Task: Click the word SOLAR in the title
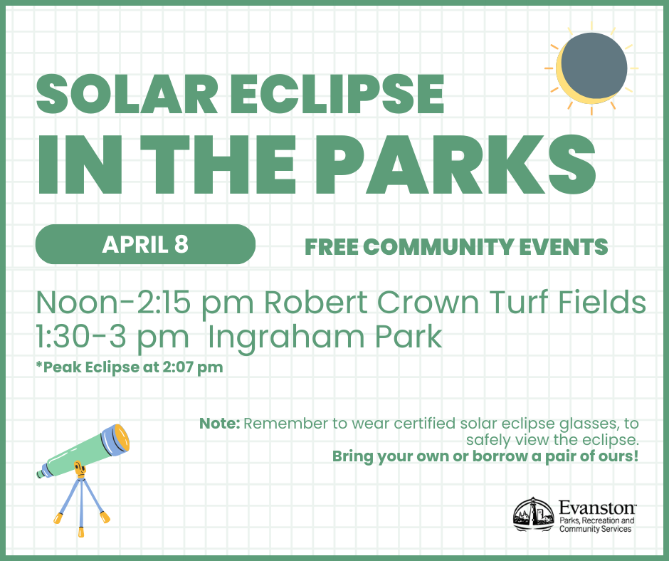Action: coord(127,95)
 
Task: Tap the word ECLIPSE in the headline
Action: coord(337,95)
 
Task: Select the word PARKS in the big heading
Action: coord(455,164)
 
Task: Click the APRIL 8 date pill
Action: coord(145,244)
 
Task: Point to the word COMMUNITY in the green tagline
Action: coord(438,247)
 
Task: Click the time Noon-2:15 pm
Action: coord(144,303)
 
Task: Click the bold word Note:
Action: coord(220,424)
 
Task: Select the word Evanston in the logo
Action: coord(597,508)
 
